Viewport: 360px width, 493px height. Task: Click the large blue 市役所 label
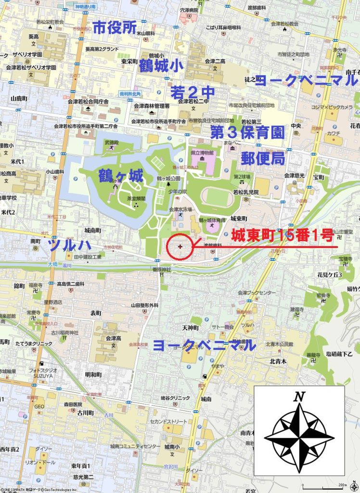[x=115, y=28]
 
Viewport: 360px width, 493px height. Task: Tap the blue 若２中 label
[x=193, y=92]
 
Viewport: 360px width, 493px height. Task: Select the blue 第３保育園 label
[x=247, y=132]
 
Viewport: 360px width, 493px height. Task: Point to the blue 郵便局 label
[x=263, y=157]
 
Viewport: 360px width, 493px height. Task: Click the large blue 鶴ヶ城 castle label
[x=121, y=176]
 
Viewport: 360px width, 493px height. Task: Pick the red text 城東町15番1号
[x=282, y=235]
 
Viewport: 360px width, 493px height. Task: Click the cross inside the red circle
[x=180, y=247]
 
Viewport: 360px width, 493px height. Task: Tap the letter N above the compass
[x=299, y=397]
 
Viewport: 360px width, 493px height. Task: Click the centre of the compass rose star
[x=299, y=438]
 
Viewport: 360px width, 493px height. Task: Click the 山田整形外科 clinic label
[x=144, y=305]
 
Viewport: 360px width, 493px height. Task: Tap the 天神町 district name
[x=190, y=327]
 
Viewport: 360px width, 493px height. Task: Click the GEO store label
[x=39, y=406]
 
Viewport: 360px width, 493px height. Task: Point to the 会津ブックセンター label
[x=257, y=293]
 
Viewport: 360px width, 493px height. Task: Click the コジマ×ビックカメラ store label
[x=332, y=107]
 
